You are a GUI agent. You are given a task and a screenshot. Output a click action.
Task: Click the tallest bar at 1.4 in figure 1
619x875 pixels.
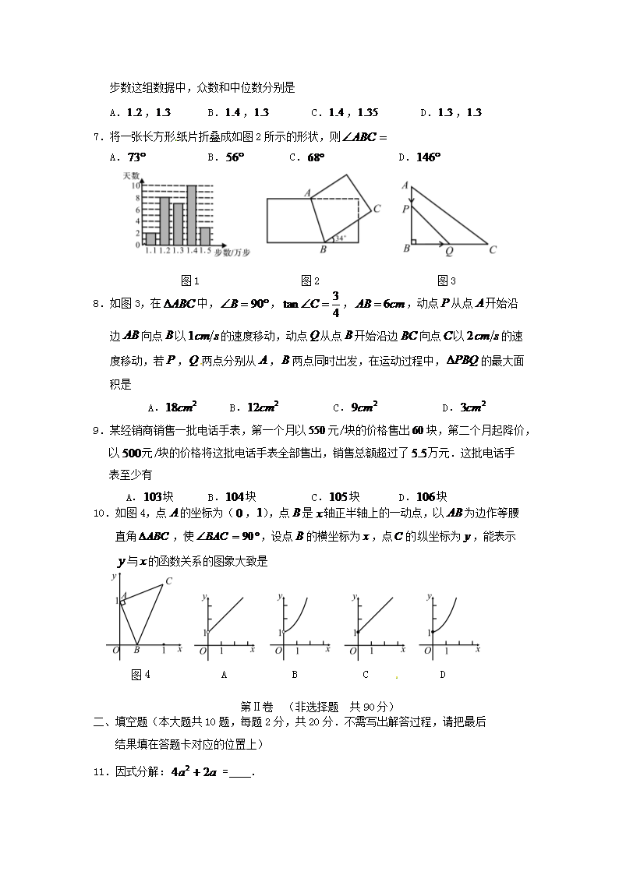(191, 215)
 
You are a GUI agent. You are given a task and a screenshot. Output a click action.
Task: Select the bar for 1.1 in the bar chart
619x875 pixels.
(151, 238)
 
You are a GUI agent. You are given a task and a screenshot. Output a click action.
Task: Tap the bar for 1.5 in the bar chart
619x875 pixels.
(205, 235)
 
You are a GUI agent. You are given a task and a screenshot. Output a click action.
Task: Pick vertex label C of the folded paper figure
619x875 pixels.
(377, 208)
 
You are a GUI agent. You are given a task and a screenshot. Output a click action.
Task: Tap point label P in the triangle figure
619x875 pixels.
(406, 209)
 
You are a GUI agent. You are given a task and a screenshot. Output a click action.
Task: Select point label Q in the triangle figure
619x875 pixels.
(449, 251)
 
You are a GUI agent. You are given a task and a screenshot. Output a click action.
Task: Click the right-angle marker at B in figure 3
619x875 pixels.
(414, 241)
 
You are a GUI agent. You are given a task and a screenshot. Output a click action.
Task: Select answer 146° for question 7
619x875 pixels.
(429, 157)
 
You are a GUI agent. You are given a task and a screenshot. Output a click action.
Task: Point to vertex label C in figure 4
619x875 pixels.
(168, 580)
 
